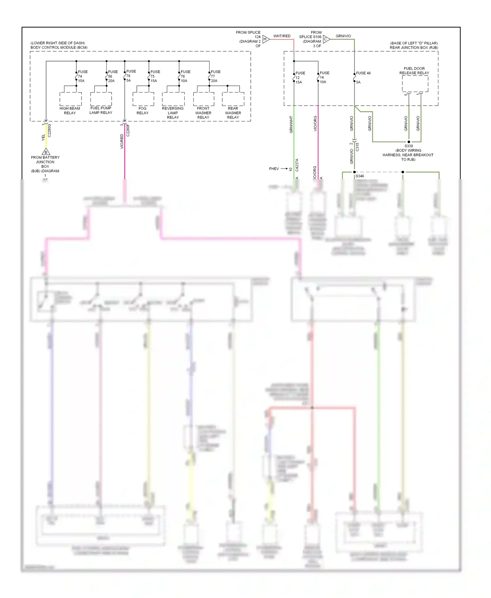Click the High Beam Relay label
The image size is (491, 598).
70,111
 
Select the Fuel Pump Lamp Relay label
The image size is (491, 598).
101,110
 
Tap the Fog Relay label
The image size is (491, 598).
142,111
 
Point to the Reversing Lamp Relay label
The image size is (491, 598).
173,113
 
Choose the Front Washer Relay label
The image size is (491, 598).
203,113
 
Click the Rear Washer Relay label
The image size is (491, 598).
233,113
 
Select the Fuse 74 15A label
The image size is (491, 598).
82,76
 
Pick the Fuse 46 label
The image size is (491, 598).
363,73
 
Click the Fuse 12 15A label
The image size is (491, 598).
300,78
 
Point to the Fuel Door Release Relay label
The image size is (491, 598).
414,71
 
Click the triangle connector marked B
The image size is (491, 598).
46,152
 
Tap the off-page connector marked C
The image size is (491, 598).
326,39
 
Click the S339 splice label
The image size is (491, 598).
409,146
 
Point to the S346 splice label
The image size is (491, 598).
360,176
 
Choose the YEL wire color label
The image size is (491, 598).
43,138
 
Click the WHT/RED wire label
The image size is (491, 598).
282,36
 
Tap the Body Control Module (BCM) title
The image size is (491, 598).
59,47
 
